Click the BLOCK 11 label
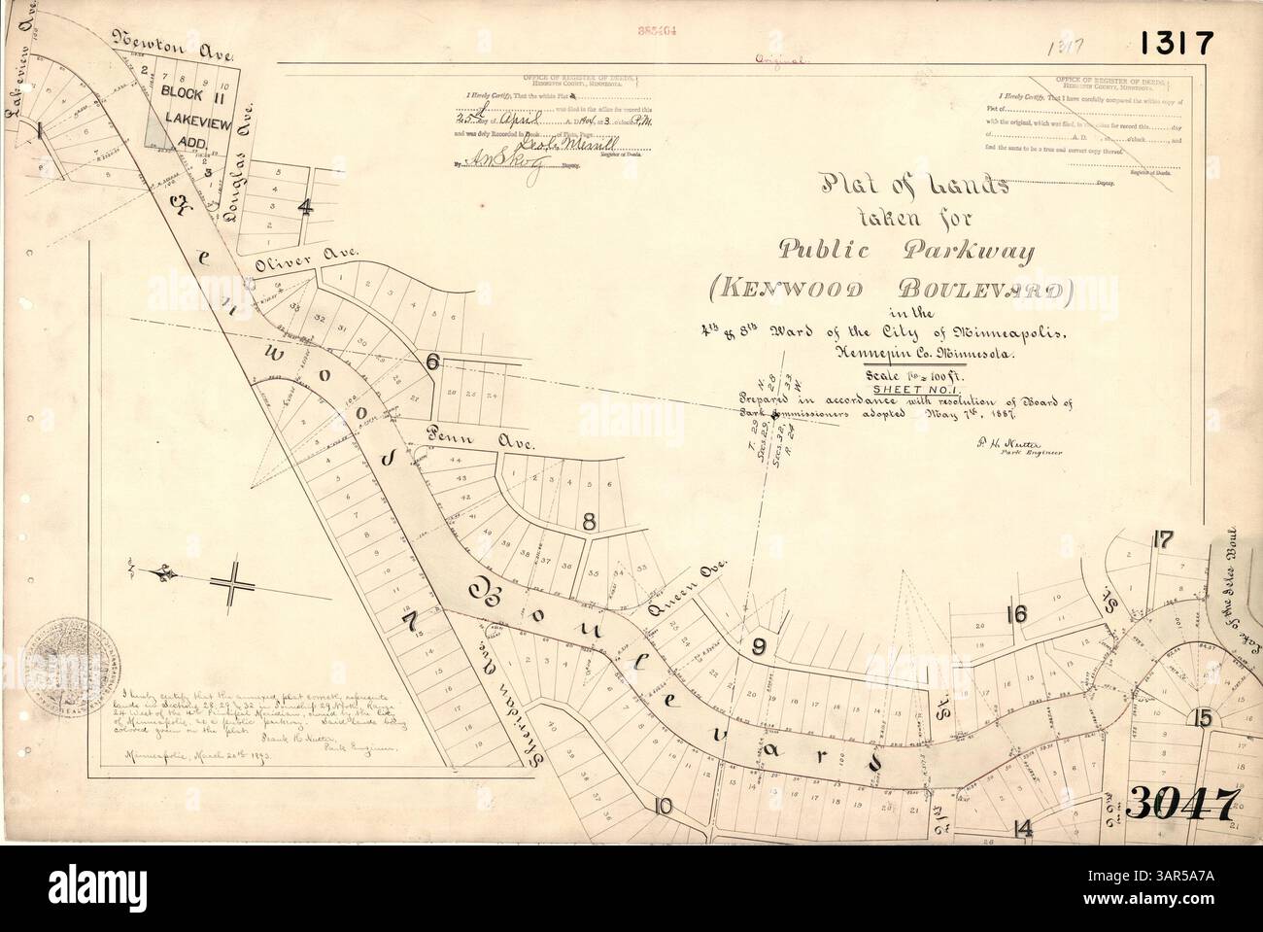190,94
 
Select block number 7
409,619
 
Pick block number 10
664,805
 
